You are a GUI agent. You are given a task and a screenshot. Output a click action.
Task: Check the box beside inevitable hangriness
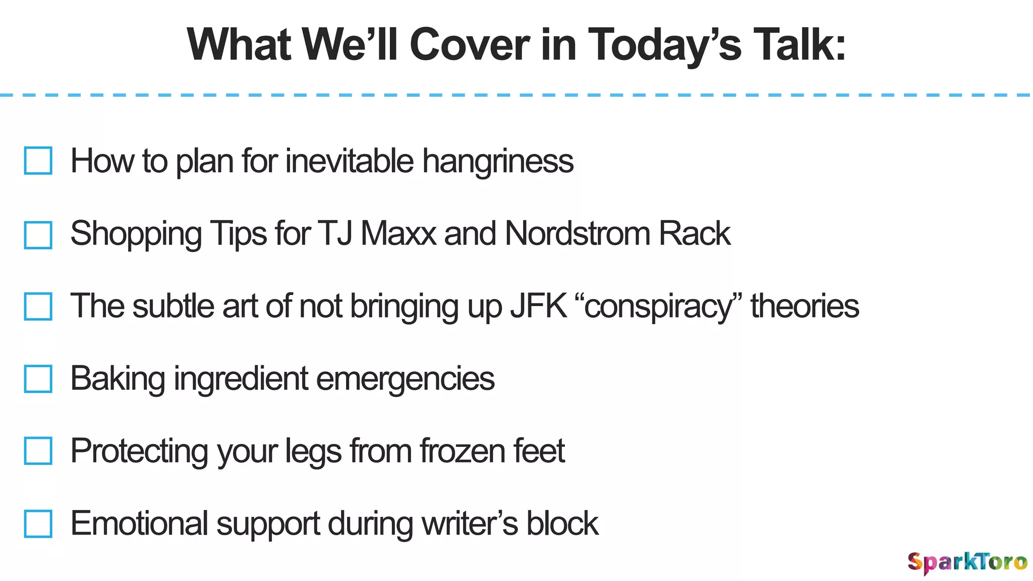tap(38, 160)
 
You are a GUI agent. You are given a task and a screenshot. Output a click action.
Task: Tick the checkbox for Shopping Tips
tap(38, 235)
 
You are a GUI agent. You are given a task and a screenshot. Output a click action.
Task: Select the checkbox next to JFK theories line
tap(38, 306)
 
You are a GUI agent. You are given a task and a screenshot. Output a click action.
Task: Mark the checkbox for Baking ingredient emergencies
tap(38, 379)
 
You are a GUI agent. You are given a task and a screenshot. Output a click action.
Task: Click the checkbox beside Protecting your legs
tap(38, 450)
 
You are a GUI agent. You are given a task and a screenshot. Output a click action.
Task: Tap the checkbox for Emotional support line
tap(38, 524)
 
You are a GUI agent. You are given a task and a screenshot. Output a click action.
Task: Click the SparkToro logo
tap(966, 562)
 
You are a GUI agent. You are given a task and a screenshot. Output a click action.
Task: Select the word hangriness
tap(497, 161)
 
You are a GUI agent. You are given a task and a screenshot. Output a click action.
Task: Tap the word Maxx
tap(398, 234)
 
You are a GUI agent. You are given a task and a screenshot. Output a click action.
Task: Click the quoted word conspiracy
tap(659, 307)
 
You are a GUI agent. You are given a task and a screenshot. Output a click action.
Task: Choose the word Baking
tap(118, 379)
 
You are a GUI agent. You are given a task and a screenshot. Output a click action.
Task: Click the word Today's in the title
tap(665, 45)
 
